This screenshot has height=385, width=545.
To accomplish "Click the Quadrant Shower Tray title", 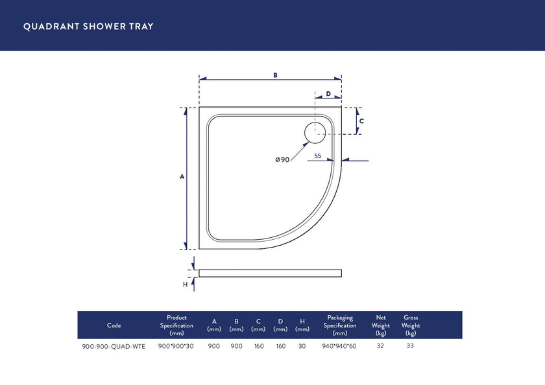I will pyautogui.click(x=88, y=27).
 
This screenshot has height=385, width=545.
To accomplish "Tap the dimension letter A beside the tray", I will pyautogui.click(x=182, y=177).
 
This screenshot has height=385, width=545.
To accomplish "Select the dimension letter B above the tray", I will pyautogui.click(x=275, y=75).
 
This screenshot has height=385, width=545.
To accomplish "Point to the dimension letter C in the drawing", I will pyautogui.click(x=361, y=121).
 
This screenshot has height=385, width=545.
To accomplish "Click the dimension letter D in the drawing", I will pyautogui.click(x=328, y=94).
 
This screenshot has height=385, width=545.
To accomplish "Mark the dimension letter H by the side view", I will pyautogui.click(x=185, y=284).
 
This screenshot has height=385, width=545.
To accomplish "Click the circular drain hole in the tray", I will pyautogui.click(x=315, y=132).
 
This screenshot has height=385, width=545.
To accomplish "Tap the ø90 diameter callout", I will pyautogui.click(x=282, y=159).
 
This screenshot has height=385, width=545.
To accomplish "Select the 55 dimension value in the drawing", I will pyautogui.click(x=318, y=156).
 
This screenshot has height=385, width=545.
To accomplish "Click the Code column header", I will pyautogui.click(x=114, y=325).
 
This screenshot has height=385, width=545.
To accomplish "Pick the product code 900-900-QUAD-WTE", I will pyautogui.click(x=114, y=346).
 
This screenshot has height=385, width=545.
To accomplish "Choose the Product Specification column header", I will pyautogui.click(x=176, y=325).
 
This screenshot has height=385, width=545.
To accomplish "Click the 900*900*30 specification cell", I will pyautogui.click(x=176, y=346).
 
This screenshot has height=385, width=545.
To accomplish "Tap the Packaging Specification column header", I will pyautogui.click(x=340, y=325).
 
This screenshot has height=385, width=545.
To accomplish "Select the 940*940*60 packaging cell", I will pyautogui.click(x=340, y=346).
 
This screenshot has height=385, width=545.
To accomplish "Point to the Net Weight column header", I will pyautogui.click(x=381, y=325).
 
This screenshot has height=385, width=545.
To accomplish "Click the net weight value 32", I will pyautogui.click(x=381, y=345).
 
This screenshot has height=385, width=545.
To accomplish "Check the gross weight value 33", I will pyautogui.click(x=410, y=345).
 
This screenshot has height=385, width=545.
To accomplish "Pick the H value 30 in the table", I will pyautogui.click(x=302, y=346).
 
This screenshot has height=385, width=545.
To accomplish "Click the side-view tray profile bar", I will pyautogui.click(x=270, y=273).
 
